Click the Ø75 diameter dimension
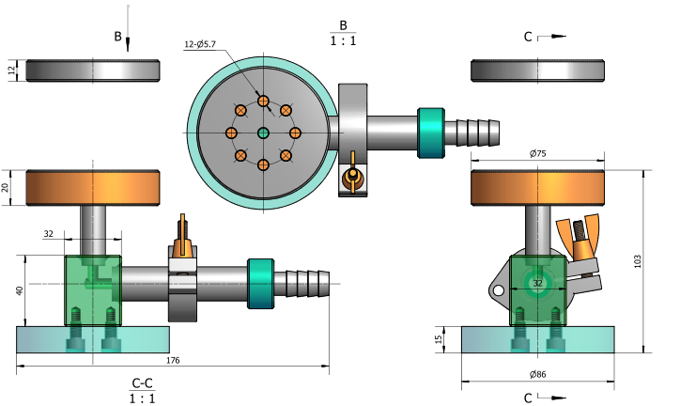coord(538,153)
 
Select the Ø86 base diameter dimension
coord(537,375)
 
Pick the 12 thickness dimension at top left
coord(12,71)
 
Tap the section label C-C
coord(143,383)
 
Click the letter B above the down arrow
coord(117,37)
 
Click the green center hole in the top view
coord(263,133)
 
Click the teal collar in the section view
coord(260,282)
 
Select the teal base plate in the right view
coord(537,340)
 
